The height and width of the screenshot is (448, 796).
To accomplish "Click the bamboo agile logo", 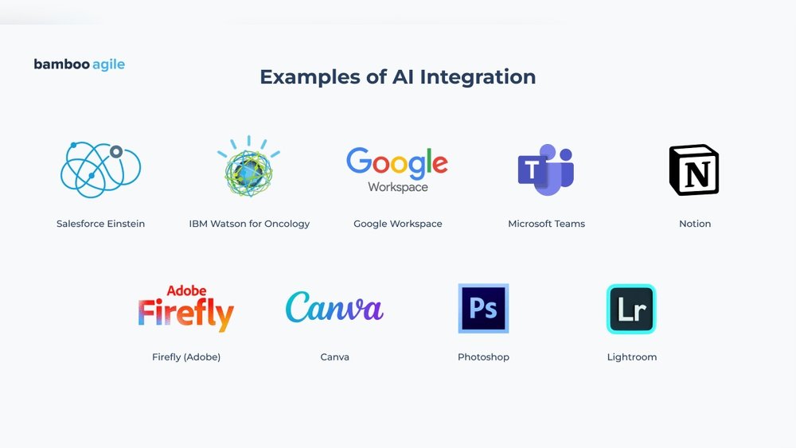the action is (79, 64).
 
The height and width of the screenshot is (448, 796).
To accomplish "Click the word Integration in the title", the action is (478, 78).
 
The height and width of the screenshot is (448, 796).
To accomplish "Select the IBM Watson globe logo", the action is (248, 166).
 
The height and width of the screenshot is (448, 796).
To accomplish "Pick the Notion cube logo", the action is (694, 170).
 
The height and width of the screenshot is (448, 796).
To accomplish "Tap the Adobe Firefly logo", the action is (185, 309).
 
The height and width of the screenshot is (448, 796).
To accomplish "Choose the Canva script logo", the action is (334, 307).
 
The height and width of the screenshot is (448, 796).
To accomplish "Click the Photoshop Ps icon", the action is (483, 309).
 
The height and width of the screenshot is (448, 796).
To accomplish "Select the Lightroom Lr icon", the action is (631, 309).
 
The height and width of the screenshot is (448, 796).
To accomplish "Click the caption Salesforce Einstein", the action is (100, 224).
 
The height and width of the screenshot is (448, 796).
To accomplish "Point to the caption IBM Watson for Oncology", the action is (249, 224).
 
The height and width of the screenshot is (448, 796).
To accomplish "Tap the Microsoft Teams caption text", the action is (547, 224).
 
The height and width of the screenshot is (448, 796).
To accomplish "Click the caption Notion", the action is (695, 224).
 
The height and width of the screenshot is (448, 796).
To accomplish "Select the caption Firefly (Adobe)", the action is (186, 357).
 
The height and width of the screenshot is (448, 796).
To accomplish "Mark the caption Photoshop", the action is (483, 357).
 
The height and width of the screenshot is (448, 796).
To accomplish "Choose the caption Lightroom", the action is (632, 357).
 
